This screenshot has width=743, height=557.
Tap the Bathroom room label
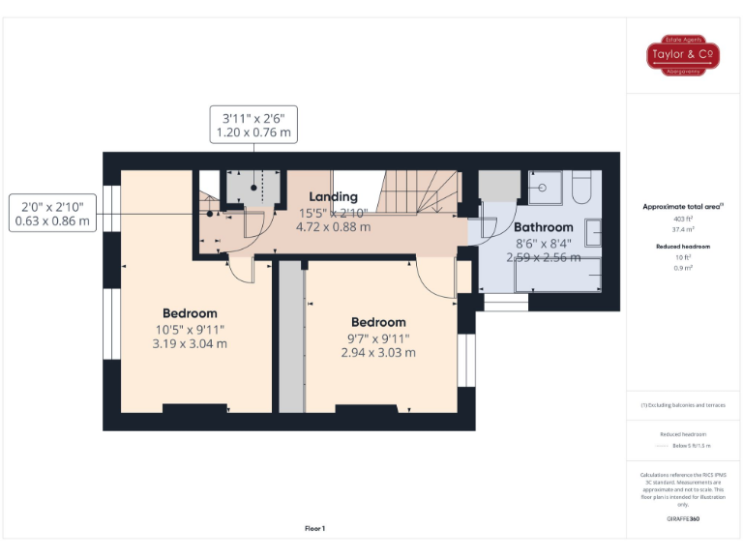click(543, 227)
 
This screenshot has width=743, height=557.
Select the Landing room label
click(334, 197)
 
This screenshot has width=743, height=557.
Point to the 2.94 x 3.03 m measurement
click(378, 353)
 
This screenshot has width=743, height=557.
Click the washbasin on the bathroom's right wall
click(592, 233)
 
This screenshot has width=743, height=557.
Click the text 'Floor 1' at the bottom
click(315, 528)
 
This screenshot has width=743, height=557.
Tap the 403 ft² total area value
click(683, 220)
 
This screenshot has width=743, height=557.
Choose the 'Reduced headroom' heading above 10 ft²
click(683, 247)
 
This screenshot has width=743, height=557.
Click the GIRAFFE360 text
click(683, 519)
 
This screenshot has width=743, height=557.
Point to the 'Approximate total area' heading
click(683, 206)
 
